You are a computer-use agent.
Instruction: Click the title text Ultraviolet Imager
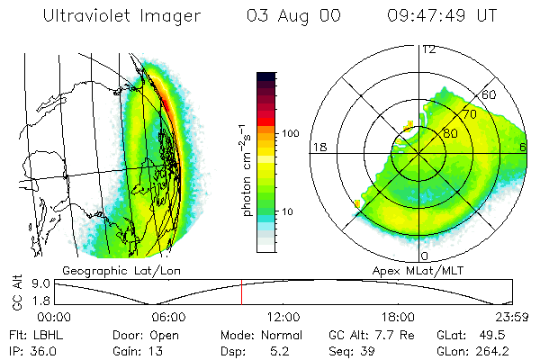(x=122, y=16)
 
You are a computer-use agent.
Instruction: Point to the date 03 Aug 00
(x=291, y=16)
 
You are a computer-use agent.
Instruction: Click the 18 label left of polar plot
(x=318, y=147)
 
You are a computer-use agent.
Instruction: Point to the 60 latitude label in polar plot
(x=489, y=95)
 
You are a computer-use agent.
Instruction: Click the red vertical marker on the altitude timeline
(x=241, y=292)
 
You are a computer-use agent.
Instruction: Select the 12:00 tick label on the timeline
(x=283, y=317)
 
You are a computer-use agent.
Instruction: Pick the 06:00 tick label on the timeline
(x=168, y=317)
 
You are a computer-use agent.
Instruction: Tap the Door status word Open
(x=165, y=335)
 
